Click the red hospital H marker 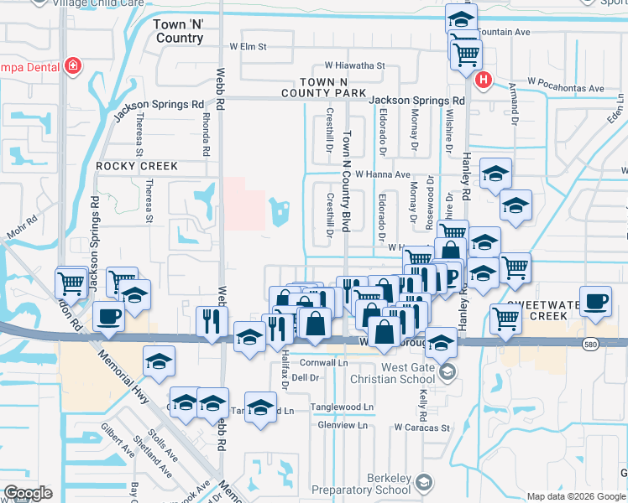[x=484, y=80]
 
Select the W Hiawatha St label [x=354, y=65]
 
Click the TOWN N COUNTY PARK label [x=323, y=86]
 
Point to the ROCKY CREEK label [x=137, y=166]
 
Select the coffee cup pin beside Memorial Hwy [x=109, y=317]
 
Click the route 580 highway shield [x=590, y=344]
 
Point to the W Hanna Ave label [x=381, y=174]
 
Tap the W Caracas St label [x=426, y=427]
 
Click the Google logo [x=29, y=493]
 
